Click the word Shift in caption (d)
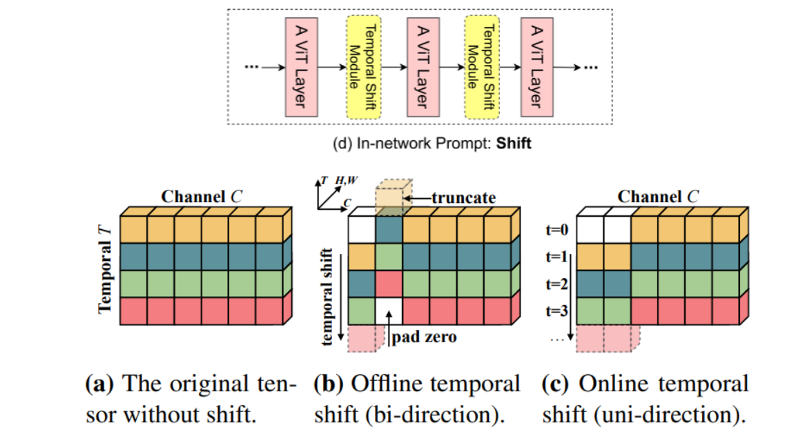[514, 146]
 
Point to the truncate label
[463, 198]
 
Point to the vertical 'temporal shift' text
[330, 296]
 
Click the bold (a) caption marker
[95, 384]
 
